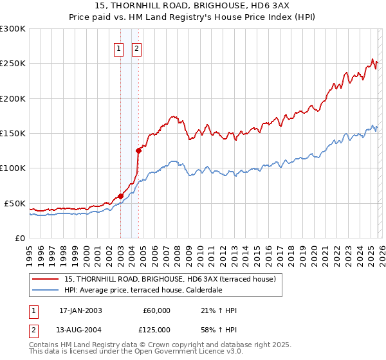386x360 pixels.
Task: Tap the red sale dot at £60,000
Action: pos(120,196)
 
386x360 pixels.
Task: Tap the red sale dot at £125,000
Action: pos(138,150)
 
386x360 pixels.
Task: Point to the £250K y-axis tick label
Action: pos(13,64)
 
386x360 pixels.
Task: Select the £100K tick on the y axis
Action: pos(13,168)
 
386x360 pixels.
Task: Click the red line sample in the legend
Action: pos(46,279)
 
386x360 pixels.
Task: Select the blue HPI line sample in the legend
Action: pos(46,290)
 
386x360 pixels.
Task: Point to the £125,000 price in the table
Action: pos(156,329)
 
